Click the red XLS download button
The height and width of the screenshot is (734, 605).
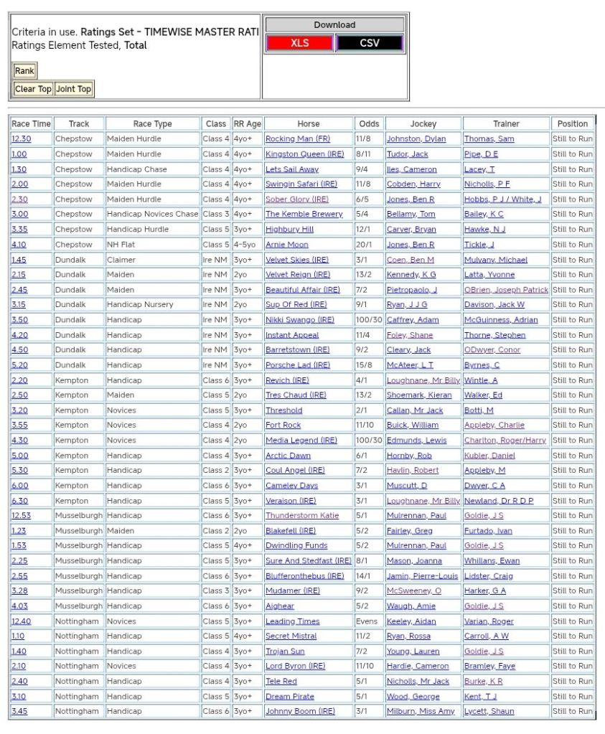click(x=299, y=43)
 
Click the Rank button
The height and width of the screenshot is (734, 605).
click(x=24, y=71)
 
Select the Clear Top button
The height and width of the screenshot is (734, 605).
click(x=33, y=89)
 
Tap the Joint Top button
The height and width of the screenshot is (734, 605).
click(x=74, y=89)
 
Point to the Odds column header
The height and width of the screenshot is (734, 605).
click(x=369, y=123)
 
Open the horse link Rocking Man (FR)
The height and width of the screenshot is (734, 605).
click(x=298, y=139)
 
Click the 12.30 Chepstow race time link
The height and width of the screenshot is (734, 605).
click(x=21, y=139)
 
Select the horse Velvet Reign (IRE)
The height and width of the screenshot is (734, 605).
click(x=298, y=275)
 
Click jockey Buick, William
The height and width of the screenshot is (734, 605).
click(x=412, y=425)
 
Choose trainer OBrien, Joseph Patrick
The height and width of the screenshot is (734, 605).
click(x=506, y=290)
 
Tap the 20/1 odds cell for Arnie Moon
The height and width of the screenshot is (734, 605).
click(x=364, y=245)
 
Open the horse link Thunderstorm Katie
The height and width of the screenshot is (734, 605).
click(x=302, y=516)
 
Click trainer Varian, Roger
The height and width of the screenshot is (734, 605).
click(x=489, y=621)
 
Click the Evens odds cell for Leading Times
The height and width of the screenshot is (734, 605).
click(x=367, y=621)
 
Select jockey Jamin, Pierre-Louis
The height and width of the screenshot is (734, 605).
click(x=422, y=576)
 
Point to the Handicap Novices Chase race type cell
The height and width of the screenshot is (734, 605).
click(x=152, y=215)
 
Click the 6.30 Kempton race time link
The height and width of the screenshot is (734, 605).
click(x=19, y=501)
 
